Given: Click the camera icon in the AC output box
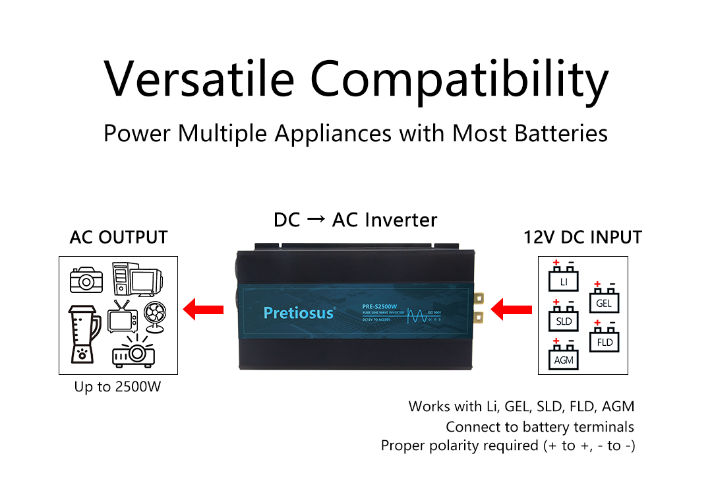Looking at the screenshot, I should tap(86, 280).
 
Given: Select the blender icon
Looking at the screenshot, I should tap(84, 333).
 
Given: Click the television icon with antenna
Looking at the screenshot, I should tap(122, 317).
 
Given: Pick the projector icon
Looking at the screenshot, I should tap(133, 352).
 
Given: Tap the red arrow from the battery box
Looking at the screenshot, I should tap(513, 308).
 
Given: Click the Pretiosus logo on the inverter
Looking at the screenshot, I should tap(299, 312).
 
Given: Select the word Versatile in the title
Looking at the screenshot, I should tap(200, 79).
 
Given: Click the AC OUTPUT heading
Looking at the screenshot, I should tap(119, 238).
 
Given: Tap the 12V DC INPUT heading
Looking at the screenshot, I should tap(583, 238).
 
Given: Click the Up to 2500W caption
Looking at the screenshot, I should tap(118, 387).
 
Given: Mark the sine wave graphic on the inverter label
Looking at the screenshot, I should tap(417, 313).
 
